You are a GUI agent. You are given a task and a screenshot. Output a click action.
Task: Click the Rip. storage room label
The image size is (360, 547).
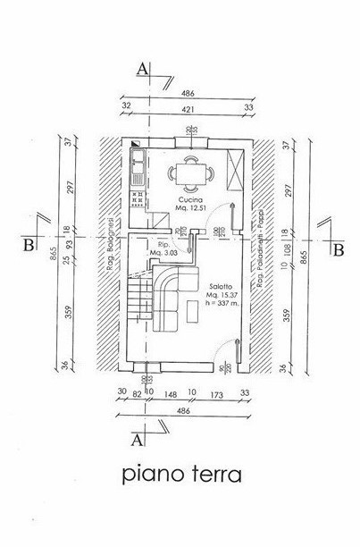coord(163,244)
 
